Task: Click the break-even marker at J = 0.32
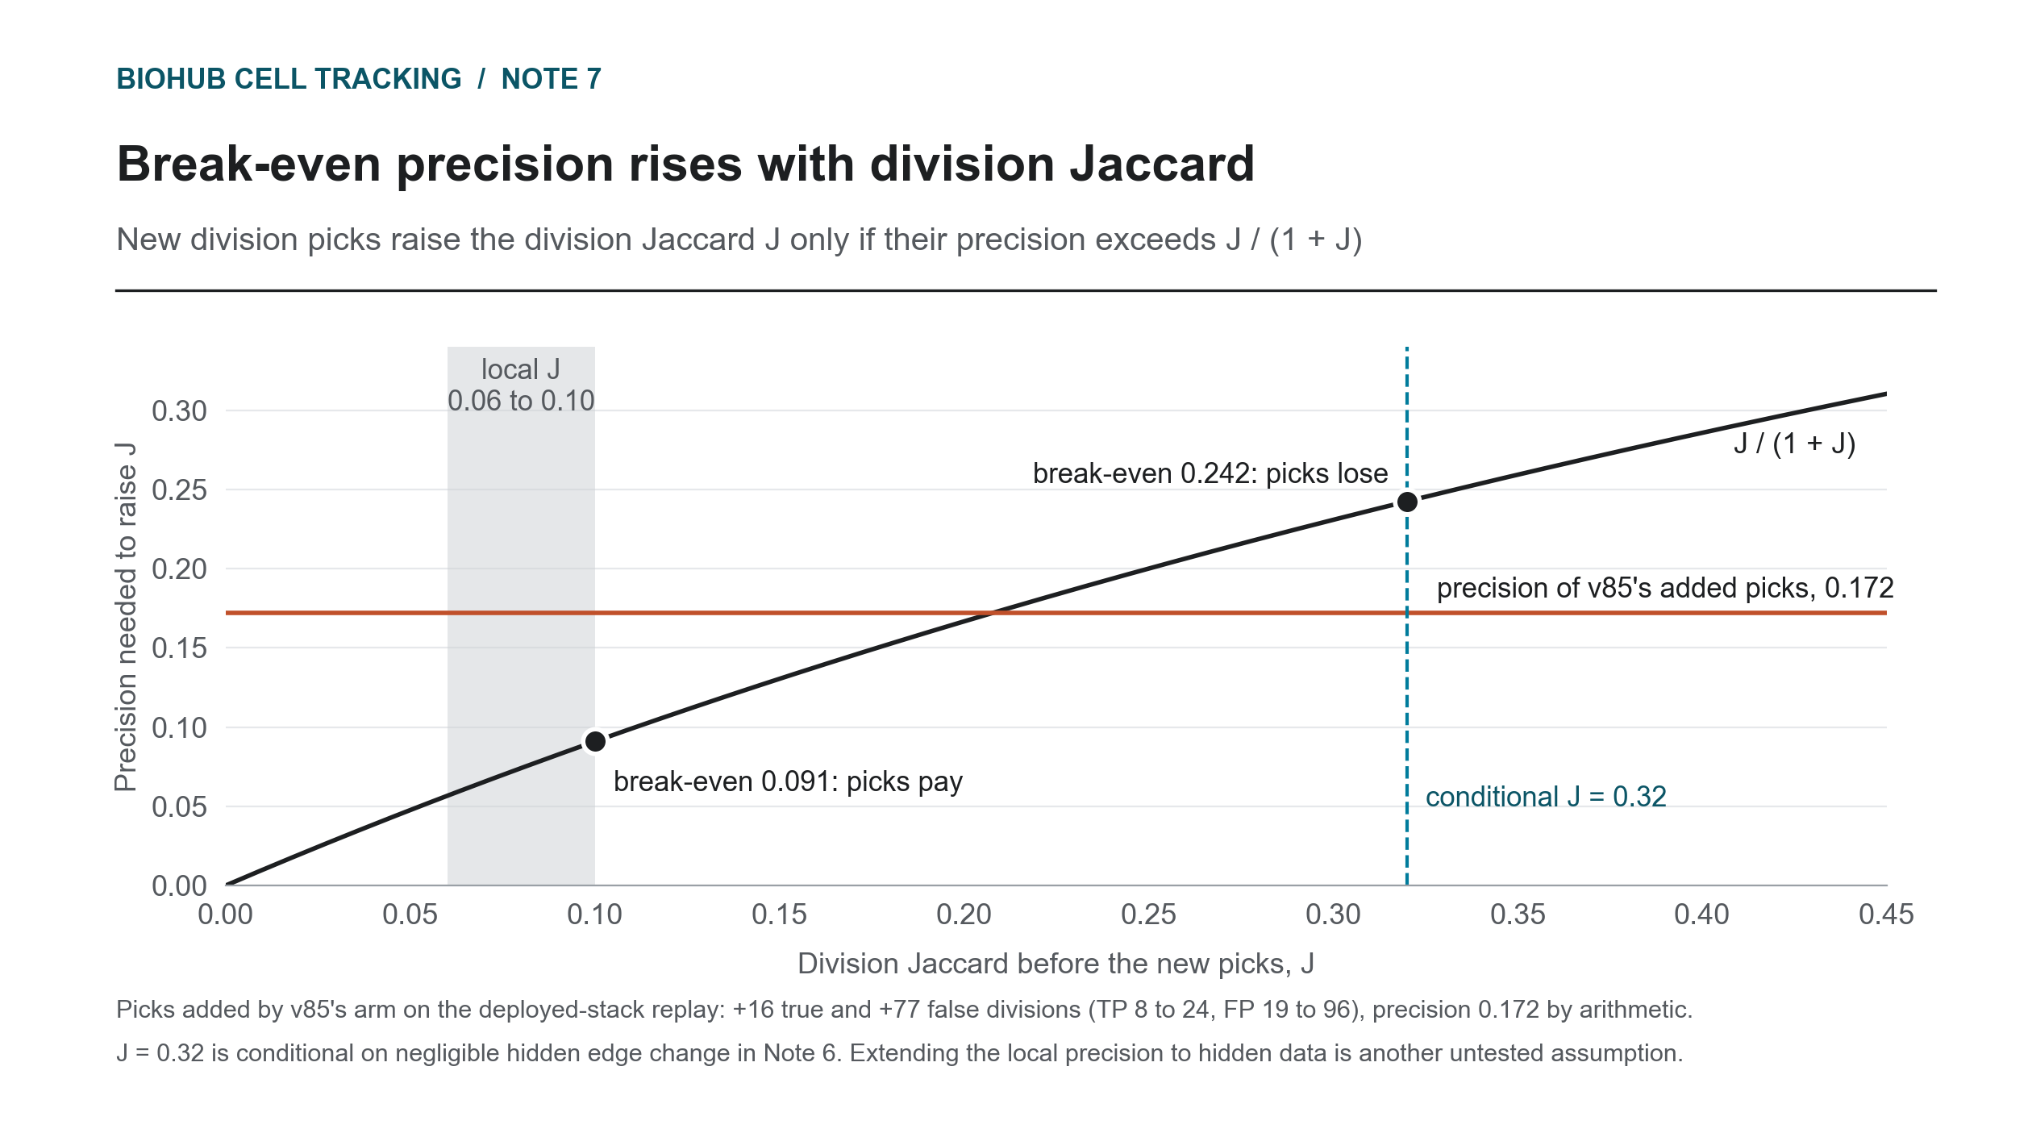point(1407,502)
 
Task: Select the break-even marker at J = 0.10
point(595,741)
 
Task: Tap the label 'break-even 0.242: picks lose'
point(1210,473)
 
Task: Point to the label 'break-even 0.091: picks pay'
point(788,781)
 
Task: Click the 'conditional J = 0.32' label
point(1546,797)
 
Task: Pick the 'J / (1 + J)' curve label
point(1795,444)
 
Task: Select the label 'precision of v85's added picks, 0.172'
point(1665,588)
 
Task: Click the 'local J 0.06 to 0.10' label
point(521,385)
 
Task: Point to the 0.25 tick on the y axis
point(179,490)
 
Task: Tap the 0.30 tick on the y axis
point(179,411)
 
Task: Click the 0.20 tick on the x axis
point(964,914)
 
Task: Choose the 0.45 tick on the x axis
point(1886,914)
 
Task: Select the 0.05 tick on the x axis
point(410,914)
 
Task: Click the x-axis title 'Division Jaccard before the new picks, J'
point(1056,964)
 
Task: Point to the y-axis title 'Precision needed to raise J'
point(125,617)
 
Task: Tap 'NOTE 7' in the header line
point(552,79)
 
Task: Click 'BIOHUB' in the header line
point(171,79)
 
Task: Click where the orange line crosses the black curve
point(991,613)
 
